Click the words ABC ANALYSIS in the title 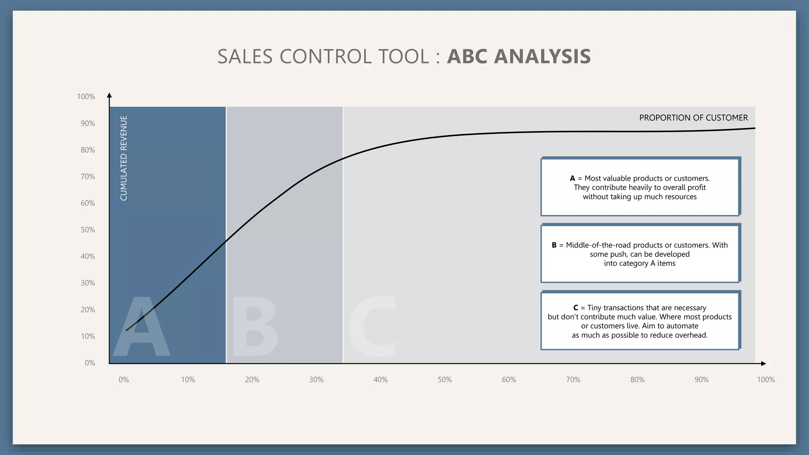519,56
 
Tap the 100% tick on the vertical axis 86,97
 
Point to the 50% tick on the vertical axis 88,230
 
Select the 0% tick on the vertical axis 90,363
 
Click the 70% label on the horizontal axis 573,380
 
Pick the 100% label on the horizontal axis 766,380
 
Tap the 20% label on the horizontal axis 252,380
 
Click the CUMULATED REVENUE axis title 124,158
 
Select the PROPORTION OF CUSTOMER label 693,118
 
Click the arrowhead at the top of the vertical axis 109,95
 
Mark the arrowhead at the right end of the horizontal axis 763,363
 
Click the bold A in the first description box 572,179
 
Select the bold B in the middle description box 554,245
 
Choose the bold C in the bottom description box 576,308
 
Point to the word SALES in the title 245,56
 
